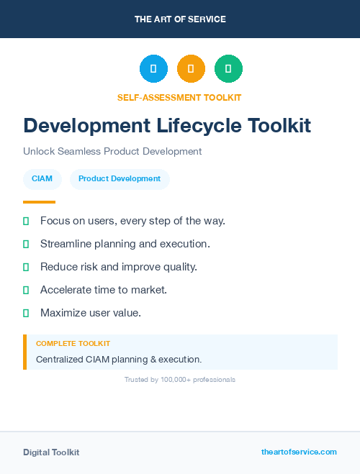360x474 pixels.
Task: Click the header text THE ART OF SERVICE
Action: click(x=180, y=19)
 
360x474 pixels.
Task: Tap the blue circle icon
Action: click(x=153, y=69)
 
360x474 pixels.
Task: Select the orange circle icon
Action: click(x=191, y=69)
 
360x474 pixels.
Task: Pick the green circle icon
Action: click(x=228, y=69)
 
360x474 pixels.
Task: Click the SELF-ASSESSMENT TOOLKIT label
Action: click(x=180, y=97)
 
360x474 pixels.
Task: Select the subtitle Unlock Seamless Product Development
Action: click(x=112, y=152)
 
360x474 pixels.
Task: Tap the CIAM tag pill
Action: click(x=42, y=179)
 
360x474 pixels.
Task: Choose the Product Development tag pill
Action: click(x=120, y=179)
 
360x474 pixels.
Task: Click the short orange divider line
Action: click(x=39, y=202)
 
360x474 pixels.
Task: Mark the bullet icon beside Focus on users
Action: click(x=26, y=221)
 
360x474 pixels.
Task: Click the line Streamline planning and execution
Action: click(x=125, y=244)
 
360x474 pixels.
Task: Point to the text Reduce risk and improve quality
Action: click(x=119, y=267)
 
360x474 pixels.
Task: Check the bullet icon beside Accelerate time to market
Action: click(x=26, y=290)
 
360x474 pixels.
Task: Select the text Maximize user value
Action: click(x=91, y=313)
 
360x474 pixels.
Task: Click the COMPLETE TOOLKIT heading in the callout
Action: click(x=73, y=344)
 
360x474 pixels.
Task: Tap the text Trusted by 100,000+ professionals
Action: click(x=180, y=379)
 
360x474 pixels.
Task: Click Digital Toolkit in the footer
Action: click(x=51, y=452)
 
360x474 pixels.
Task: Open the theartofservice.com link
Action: click(x=299, y=452)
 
